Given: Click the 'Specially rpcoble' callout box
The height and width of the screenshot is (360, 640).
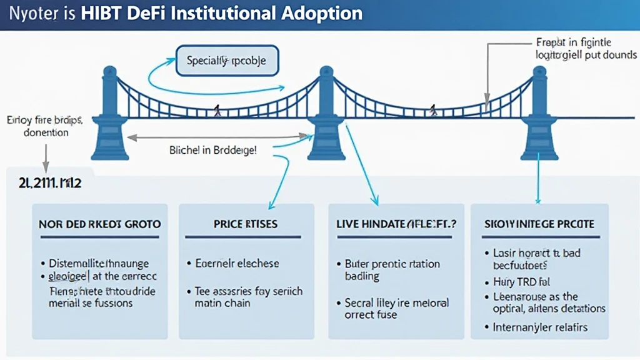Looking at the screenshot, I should (227, 61).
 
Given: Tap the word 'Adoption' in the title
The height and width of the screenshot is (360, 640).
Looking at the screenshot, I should (326, 13).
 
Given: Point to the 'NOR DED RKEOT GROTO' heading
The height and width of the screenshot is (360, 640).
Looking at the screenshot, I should (99, 224).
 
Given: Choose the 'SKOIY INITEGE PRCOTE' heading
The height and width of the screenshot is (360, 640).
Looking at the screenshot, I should (539, 224).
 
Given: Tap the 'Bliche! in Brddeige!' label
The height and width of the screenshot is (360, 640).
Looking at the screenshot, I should (212, 151).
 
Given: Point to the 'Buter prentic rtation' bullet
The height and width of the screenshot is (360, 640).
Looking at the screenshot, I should (392, 263).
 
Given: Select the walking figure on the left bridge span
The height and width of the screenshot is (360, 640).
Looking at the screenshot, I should (217, 112).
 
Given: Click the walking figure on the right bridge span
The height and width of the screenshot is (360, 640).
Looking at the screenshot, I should (432, 111).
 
